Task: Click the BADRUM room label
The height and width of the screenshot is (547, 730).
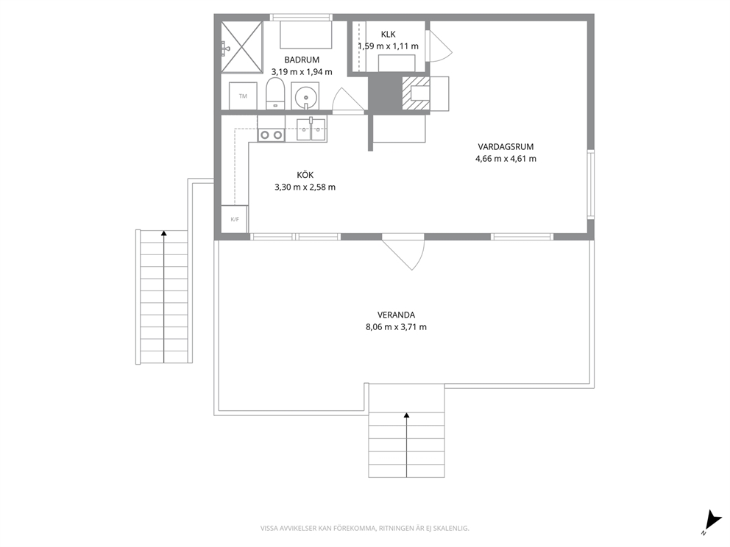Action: [302, 60]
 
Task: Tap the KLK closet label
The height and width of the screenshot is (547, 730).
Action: [389, 35]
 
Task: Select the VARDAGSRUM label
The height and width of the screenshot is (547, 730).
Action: [506, 147]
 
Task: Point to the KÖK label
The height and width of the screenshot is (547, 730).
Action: [305, 175]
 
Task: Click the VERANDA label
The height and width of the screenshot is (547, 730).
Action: [396, 315]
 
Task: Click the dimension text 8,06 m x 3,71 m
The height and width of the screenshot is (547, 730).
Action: [396, 327]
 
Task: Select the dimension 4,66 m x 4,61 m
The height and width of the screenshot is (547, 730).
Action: [506, 159]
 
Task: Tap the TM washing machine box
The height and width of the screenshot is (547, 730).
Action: [243, 96]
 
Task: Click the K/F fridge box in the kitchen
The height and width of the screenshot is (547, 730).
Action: [235, 219]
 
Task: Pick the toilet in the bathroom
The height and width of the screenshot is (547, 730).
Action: [275, 94]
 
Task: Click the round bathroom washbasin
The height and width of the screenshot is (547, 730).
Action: [305, 97]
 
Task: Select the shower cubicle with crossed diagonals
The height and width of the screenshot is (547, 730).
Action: [241, 47]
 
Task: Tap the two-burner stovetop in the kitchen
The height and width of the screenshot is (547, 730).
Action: [272, 135]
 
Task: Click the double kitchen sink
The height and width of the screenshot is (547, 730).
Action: [311, 129]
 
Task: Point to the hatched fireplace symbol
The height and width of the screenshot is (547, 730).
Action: [417, 93]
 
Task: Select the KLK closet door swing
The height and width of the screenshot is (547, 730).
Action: [439, 46]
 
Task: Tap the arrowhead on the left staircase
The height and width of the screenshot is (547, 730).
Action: [164, 233]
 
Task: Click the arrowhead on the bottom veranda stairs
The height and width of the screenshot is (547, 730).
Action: [407, 415]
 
